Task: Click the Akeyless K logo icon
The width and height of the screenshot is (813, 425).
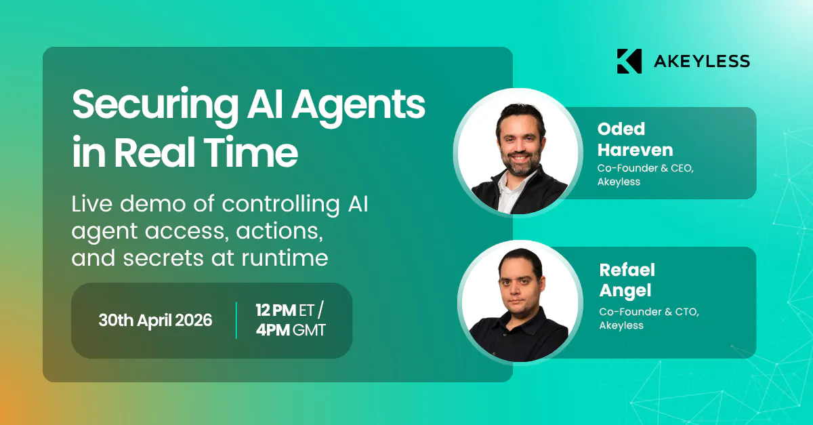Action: (x=629, y=61)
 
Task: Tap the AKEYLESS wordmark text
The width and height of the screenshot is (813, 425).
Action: (x=702, y=61)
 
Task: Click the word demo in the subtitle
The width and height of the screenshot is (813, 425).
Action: (x=154, y=204)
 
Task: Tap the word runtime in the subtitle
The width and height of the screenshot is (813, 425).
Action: (x=285, y=258)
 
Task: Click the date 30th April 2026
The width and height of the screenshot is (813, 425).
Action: (x=155, y=321)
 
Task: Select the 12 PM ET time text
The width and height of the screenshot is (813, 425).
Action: (x=289, y=310)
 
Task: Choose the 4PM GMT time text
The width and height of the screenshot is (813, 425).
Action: (x=291, y=330)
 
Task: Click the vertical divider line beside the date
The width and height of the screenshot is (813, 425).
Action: (x=236, y=321)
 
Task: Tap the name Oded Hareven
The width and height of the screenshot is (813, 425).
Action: (x=635, y=140)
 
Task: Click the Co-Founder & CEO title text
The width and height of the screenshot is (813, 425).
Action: (x=645, y=168)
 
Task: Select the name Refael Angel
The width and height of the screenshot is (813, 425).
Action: (x=627, y=280)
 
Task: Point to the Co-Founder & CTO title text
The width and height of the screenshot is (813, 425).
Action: (x=649, y=312)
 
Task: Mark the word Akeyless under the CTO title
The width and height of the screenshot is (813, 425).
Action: (x=621, y=325)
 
